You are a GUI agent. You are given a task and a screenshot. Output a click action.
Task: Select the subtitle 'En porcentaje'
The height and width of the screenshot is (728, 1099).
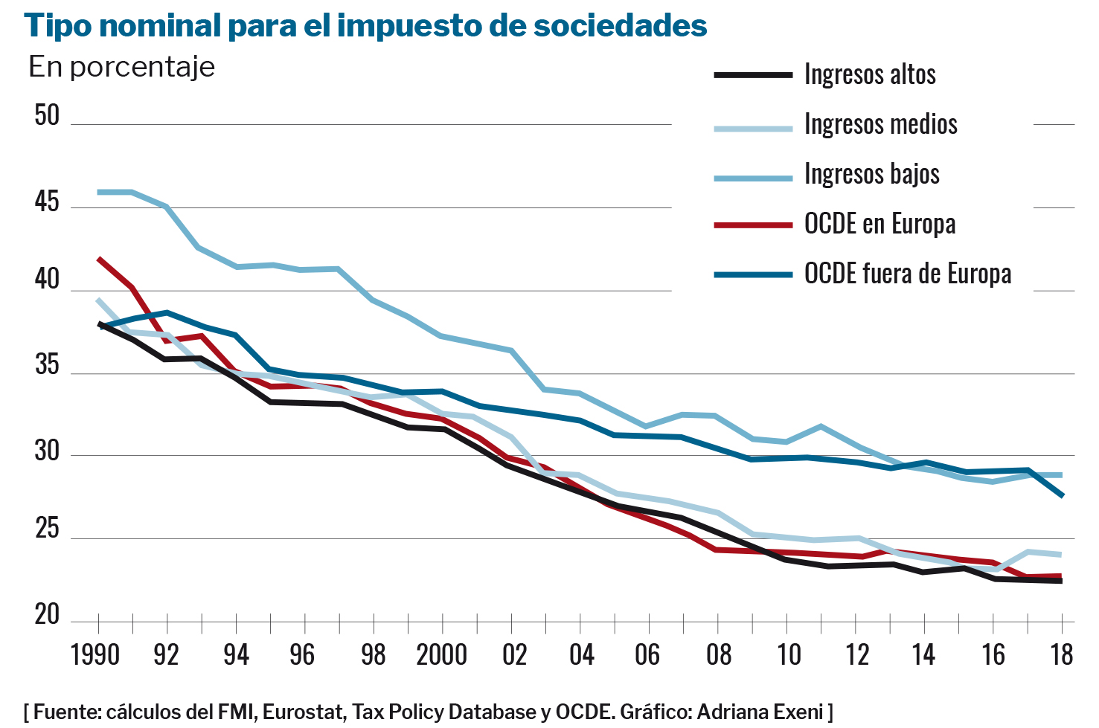pos(121,67)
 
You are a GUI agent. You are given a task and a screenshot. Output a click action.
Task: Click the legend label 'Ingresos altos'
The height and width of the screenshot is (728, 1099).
pos(870,74)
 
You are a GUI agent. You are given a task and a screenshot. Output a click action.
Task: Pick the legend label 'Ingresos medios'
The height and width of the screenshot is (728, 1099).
pos(880,124)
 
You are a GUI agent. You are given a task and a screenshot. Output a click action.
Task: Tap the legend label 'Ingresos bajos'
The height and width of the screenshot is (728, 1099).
pos(871,174)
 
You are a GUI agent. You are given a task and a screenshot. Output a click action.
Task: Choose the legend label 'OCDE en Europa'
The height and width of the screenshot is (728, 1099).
pos(879,224)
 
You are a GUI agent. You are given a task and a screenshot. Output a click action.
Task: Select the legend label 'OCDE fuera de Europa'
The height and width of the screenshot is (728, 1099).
pos(907,274)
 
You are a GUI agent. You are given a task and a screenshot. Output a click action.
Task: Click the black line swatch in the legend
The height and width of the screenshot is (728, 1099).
pos(753,74)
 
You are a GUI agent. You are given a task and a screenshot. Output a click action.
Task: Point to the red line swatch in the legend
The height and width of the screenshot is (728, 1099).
pos(753,224)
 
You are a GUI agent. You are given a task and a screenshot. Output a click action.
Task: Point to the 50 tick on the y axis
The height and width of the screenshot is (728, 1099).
pos(47,115)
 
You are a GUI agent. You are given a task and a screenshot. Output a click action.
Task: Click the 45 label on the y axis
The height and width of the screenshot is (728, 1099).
pos(47,202)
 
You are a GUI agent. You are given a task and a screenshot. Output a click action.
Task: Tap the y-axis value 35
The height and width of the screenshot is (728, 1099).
pos(47,365)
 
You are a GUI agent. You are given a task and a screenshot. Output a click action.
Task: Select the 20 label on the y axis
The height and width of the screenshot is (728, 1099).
pos(47,615)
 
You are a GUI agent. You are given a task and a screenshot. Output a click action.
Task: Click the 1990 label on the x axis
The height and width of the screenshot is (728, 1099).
pos(95,655)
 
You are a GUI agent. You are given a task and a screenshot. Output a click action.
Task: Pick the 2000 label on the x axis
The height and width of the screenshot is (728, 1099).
pos(441,655)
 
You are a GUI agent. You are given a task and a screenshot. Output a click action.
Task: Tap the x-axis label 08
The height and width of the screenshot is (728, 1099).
pos(719,655)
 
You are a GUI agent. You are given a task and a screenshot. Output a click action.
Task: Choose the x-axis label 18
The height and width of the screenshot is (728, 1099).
pos(1062,655)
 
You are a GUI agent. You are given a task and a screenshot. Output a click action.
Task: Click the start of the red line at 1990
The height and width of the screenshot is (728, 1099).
pos(99,259)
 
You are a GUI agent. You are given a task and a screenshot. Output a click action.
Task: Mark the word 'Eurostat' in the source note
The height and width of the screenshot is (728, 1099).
pos(303,712)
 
